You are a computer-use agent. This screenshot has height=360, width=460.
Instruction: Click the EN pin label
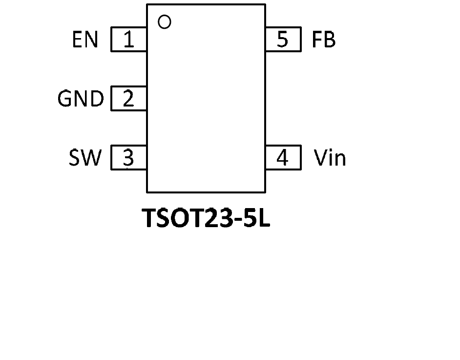85,40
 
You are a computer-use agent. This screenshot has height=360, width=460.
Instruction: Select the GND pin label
81,99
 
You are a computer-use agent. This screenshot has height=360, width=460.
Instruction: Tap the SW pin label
85,158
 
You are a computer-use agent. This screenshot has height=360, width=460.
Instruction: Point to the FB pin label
324,40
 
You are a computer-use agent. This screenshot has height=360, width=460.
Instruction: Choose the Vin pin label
330,158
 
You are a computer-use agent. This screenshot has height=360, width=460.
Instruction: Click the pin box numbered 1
129,40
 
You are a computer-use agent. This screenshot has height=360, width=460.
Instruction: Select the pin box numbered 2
129,99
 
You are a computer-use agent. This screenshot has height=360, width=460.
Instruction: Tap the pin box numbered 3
129,158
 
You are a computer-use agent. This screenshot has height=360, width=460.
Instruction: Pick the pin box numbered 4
283,158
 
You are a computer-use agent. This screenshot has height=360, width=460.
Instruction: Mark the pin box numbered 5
283,40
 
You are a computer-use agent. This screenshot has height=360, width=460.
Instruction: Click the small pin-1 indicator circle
165,22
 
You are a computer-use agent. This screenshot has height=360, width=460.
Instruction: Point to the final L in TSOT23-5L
264,218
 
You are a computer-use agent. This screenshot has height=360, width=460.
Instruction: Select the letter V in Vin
320,158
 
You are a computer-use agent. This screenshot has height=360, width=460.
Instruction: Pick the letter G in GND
65,99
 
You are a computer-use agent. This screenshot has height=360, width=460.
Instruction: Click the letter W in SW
92,158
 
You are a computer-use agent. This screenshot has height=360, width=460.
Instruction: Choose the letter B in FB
330,40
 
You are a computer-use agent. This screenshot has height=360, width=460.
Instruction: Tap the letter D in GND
97,99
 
